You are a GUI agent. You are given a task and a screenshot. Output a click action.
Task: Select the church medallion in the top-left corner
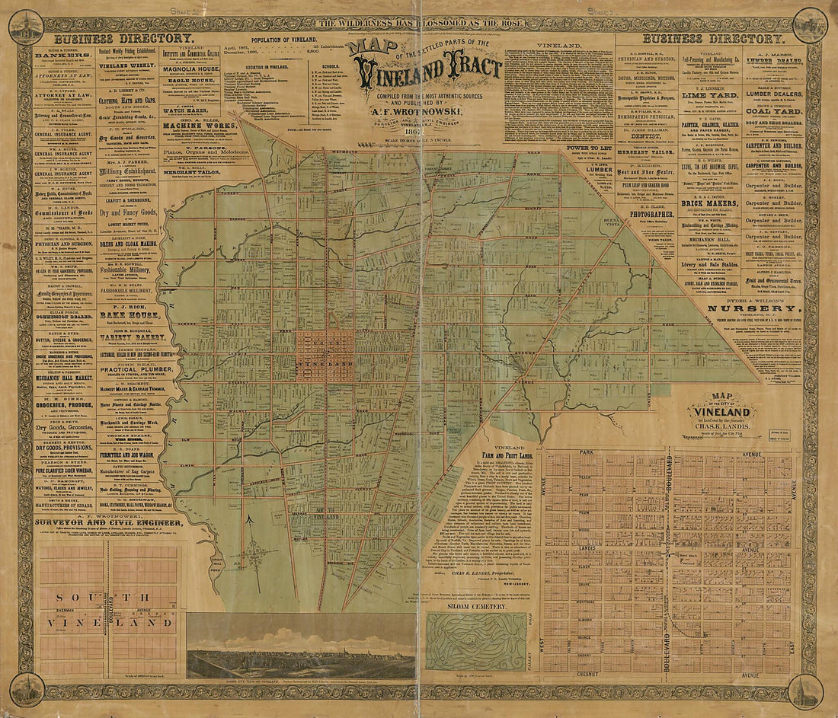25,25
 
